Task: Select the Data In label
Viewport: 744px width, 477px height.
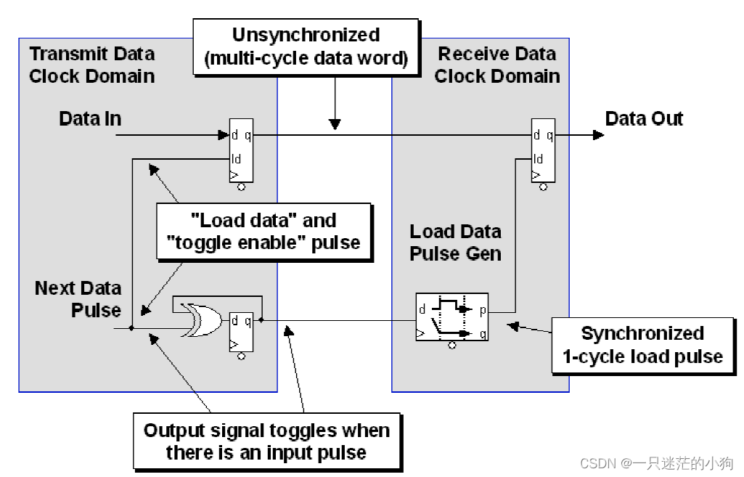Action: (x=90, y=119)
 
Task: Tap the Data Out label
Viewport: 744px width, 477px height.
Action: (x=644, y=118)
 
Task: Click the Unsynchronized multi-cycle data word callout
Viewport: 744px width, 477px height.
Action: (x=306, y=47)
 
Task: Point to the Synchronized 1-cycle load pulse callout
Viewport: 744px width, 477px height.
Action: (x=642, y=345)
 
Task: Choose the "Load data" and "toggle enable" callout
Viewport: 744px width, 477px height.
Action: (x=266, y=232)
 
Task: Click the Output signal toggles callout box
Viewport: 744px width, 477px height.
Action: (x=266, y=441)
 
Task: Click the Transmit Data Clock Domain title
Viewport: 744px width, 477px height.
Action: (x=91, y=65)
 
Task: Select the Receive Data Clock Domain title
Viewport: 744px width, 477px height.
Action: (x=497, y=65)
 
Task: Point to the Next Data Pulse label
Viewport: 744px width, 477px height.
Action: (x=78, y=298)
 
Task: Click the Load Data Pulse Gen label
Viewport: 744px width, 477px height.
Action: (x=455, y=242)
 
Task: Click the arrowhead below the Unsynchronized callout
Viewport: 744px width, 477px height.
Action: (x=334, y=125)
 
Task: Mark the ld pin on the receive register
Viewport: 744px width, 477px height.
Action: (x=538, y=158)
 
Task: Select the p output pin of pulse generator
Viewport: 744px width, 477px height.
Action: (x=482, y=309)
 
